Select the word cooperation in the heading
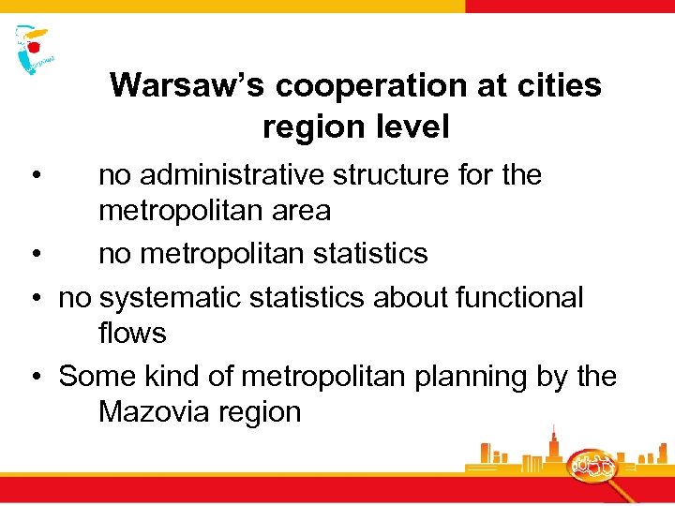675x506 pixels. pos(348,85)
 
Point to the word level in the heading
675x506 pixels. pos(408,126)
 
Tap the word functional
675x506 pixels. pos(519,298)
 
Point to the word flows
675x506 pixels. pos(132,334)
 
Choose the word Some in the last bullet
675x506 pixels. pos(97,377)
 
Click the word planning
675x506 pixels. pos(473,377)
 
